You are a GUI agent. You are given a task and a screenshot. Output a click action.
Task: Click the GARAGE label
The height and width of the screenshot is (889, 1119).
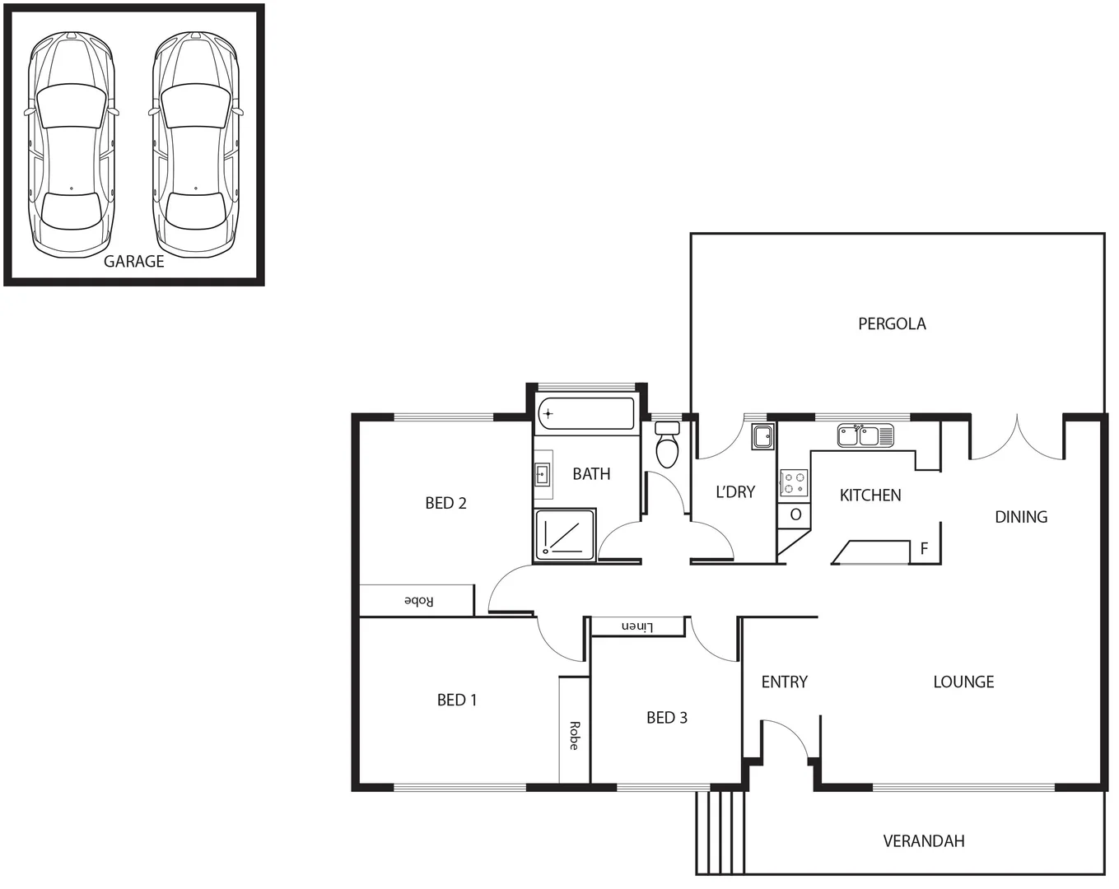pos(133,262)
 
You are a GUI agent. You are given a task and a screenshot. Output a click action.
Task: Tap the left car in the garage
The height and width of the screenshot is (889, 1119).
pos(72,144)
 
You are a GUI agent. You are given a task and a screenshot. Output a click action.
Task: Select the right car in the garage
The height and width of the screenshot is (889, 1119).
pos(196,144)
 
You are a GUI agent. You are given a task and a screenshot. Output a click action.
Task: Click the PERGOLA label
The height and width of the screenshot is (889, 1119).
pos(892,324)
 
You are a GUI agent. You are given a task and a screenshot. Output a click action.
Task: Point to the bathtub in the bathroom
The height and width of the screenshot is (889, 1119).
pos(585,414)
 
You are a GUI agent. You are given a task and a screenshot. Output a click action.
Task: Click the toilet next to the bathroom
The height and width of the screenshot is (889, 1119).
pos(667,445)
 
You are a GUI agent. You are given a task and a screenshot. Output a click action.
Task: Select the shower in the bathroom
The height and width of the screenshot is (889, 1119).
pos(564,536)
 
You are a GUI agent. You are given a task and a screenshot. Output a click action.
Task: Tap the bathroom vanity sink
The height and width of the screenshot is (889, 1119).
pos(543,474)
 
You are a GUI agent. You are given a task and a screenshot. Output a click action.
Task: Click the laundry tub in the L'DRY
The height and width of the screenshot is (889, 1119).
pos(762,436)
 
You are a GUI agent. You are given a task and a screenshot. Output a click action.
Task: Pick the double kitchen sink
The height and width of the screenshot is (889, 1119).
pos(865,435)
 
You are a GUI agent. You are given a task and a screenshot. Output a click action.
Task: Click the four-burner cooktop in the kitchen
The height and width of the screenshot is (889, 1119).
pos(794,483)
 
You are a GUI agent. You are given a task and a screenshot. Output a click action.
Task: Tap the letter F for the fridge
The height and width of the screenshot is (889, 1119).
pos(924,549)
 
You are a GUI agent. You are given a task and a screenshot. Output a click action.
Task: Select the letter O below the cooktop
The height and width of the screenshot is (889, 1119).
pos(795,515)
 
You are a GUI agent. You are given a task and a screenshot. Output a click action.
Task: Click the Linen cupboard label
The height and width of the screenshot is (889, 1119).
pos(636,627)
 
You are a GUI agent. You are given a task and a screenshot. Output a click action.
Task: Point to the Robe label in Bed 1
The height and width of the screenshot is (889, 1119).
pos(574,735)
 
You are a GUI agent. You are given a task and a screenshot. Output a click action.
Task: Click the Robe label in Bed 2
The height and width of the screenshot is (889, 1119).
pos(418,601)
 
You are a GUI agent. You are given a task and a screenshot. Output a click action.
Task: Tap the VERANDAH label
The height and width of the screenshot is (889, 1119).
pos(923,841)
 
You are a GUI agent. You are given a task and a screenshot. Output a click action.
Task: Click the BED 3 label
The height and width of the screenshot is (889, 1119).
pos(666,718)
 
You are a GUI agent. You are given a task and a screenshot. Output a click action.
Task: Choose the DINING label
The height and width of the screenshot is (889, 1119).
pos(1021,517)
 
